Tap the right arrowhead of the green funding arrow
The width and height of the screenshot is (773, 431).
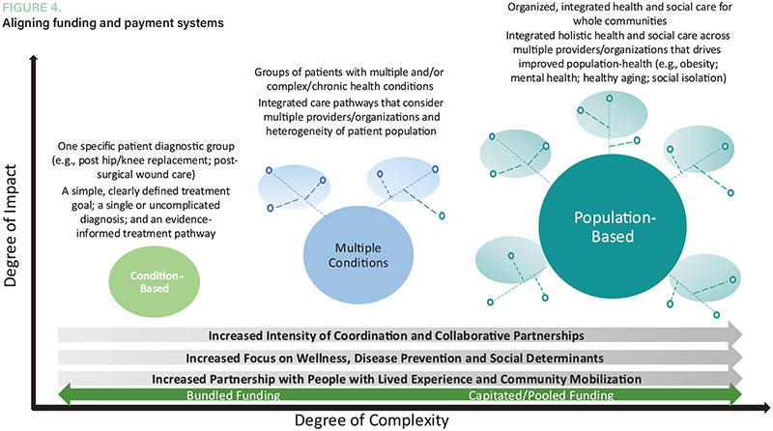[x=736, y=394]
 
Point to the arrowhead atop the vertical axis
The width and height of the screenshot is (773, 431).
[x=35, y=62]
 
